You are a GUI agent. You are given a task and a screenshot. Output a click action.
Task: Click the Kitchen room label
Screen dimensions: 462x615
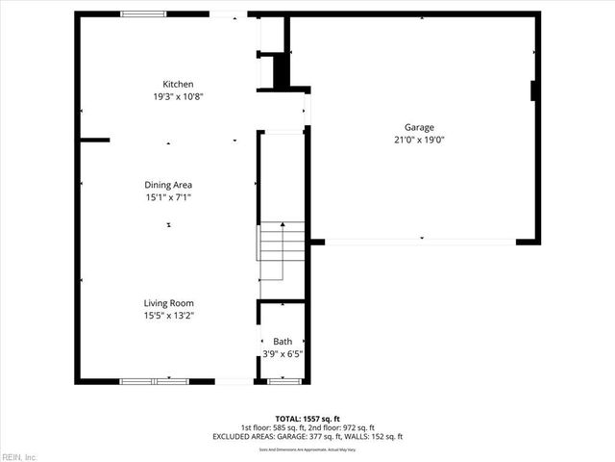click(178, 84)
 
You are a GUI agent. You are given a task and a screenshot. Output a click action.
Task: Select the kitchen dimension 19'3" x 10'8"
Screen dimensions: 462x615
click(178, 96)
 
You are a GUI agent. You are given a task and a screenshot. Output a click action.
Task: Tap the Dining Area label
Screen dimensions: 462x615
click(169, 184)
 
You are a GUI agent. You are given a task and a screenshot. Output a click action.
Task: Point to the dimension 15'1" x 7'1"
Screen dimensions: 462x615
click(169, 197)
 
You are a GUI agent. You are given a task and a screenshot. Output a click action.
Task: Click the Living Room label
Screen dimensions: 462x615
click(169, 303)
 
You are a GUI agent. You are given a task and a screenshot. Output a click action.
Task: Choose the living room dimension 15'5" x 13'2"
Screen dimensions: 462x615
click(169, 316)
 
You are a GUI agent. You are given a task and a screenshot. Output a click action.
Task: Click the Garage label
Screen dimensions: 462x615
click(419, 127)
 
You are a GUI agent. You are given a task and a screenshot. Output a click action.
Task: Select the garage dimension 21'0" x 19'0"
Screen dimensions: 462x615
click(419, 140)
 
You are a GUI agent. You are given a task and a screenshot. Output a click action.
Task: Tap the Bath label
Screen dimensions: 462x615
click(283, 342)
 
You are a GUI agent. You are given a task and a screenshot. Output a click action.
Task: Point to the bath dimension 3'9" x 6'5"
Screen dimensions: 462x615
click(283, 354)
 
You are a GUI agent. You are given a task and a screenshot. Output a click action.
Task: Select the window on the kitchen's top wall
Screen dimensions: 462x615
click(143, 14)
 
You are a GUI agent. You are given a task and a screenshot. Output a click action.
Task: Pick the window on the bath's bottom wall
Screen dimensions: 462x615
click(283, 381)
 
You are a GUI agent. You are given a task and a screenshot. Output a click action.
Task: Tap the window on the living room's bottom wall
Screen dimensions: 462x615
click(154, 381)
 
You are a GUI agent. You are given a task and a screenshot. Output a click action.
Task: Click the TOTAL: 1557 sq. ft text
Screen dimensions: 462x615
click(307, 419)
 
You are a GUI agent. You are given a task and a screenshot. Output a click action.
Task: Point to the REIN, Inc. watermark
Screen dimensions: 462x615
click(19, 456)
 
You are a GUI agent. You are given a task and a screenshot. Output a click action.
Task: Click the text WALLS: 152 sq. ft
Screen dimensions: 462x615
click(374, 437)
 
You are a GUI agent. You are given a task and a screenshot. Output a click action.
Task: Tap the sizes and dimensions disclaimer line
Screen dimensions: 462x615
click(307, 449)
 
